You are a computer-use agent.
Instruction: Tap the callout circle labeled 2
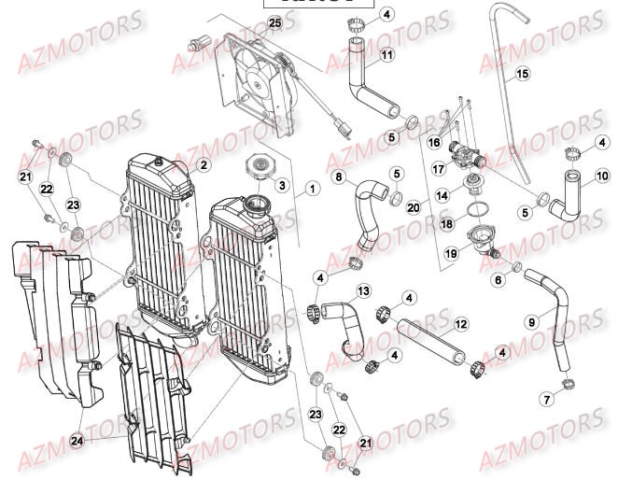pos(203,165)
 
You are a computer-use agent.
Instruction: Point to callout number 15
pos(522,73)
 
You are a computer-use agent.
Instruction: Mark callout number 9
pos(531,323)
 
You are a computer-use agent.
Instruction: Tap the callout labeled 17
pos(438,170)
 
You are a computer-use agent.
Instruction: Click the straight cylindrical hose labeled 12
pos(430,339)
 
